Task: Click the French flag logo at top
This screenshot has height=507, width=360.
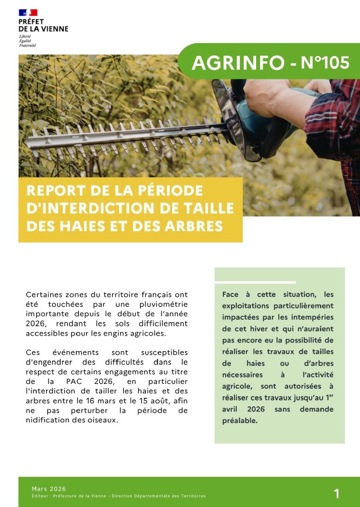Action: [28, 12]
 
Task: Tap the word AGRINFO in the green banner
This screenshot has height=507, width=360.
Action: [238, 64]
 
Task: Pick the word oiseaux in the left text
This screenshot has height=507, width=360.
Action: [102, 420]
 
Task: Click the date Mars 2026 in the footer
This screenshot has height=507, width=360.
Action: [48, 488]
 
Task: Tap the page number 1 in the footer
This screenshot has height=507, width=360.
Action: [337, 494]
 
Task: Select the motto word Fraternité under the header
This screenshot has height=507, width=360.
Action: [27, 44]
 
